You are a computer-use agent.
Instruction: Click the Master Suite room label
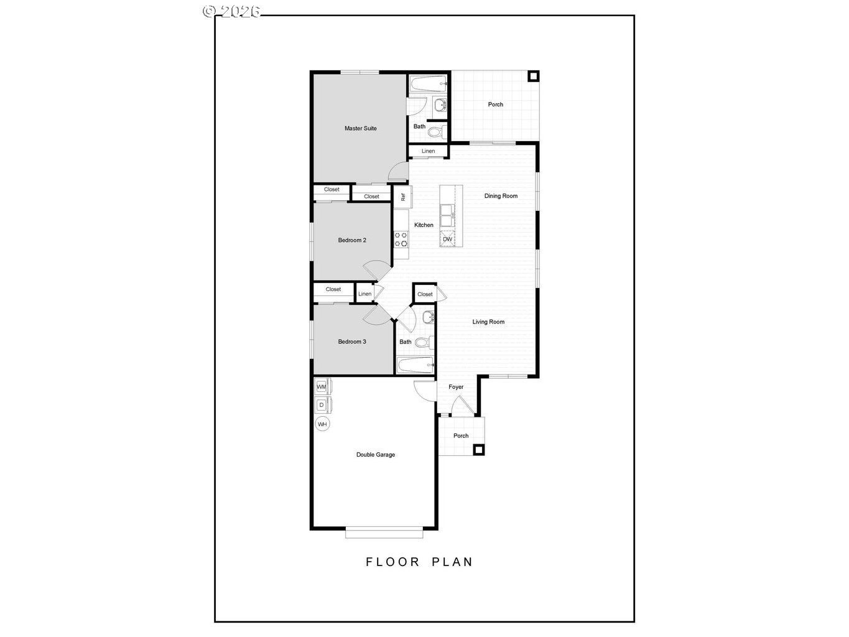coord(360,129)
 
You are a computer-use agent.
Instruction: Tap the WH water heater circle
coord(322,425)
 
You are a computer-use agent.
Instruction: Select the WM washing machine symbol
coord(322,387)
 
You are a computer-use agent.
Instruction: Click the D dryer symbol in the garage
coord(322,405)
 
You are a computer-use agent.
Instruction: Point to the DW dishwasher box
coord(447,239)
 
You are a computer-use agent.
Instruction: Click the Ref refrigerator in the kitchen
coord(402,197)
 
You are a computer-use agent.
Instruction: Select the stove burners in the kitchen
coord(401,239)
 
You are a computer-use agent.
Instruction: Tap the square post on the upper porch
coord(533,77)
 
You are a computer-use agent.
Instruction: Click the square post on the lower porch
coord(478,449)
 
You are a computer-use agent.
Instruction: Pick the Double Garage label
coord(375,455)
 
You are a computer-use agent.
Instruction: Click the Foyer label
coord(456,387)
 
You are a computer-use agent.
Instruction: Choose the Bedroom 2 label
coord(352,240)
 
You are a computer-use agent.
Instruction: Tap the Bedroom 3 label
coord(352,342)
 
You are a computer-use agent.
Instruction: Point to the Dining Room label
coord(501,196)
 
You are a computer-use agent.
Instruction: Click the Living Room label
coord(488,322)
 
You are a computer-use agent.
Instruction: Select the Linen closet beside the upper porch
coord(428,151)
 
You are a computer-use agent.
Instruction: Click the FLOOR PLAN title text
coord(419,562)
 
